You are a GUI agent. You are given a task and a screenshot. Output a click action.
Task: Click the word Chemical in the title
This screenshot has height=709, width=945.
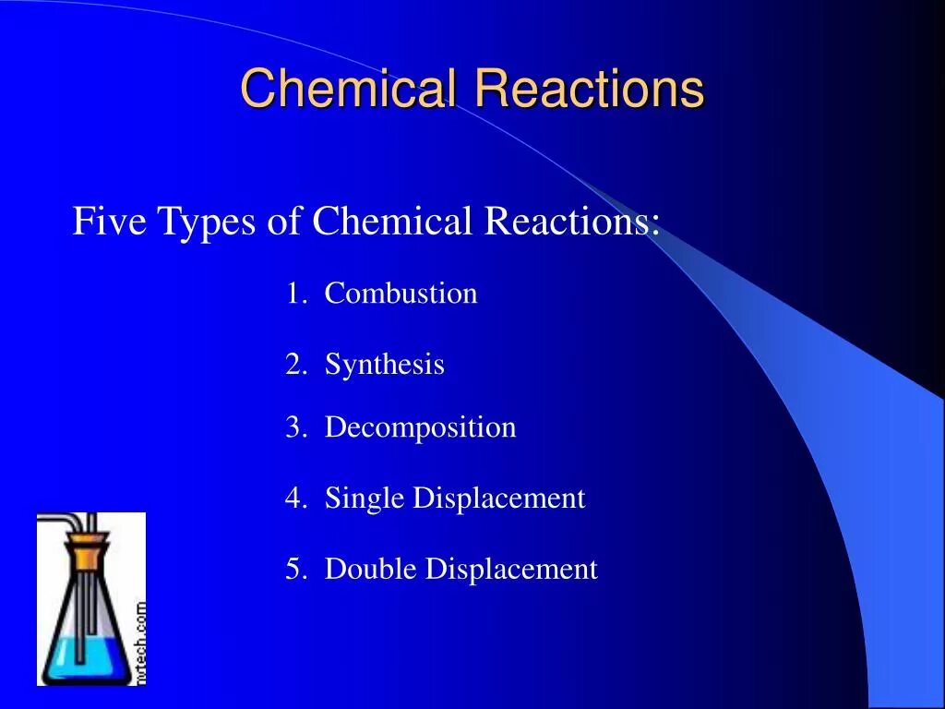pos(348,90)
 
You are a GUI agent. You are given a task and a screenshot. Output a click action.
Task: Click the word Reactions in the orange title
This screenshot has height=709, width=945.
pos(590,90)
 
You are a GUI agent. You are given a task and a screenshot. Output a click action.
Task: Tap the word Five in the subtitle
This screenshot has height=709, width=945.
pos(110,222)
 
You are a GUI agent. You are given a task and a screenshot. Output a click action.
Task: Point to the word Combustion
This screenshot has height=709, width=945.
pos(401,294)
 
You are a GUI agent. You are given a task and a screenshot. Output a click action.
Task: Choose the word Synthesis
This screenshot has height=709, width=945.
pos(384,365)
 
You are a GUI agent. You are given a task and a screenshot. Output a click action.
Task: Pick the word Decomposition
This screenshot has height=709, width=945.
pos(420,428)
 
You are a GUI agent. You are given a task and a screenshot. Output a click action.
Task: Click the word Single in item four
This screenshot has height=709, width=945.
pos(365,499)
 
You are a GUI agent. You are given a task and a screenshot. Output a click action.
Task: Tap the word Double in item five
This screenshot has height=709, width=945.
pos(371,569)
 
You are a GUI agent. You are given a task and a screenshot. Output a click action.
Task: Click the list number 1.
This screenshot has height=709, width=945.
pos(294,294)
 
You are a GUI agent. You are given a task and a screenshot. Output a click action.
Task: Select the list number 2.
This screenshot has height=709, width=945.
pos(294,365)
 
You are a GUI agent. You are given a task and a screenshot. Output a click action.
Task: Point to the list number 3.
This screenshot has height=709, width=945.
pos(294,427)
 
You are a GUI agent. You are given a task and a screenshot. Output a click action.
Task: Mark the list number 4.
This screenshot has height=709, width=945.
pos(294,499)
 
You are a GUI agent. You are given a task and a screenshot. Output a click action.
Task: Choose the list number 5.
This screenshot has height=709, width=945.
pos(294,569)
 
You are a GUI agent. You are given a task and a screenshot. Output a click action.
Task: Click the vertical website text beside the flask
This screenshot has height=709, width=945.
pos(139,642)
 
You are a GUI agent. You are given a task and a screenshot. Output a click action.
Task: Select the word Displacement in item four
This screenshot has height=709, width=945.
pos(498,499)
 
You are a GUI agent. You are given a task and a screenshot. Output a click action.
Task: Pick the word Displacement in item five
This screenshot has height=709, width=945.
pos(511,569)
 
